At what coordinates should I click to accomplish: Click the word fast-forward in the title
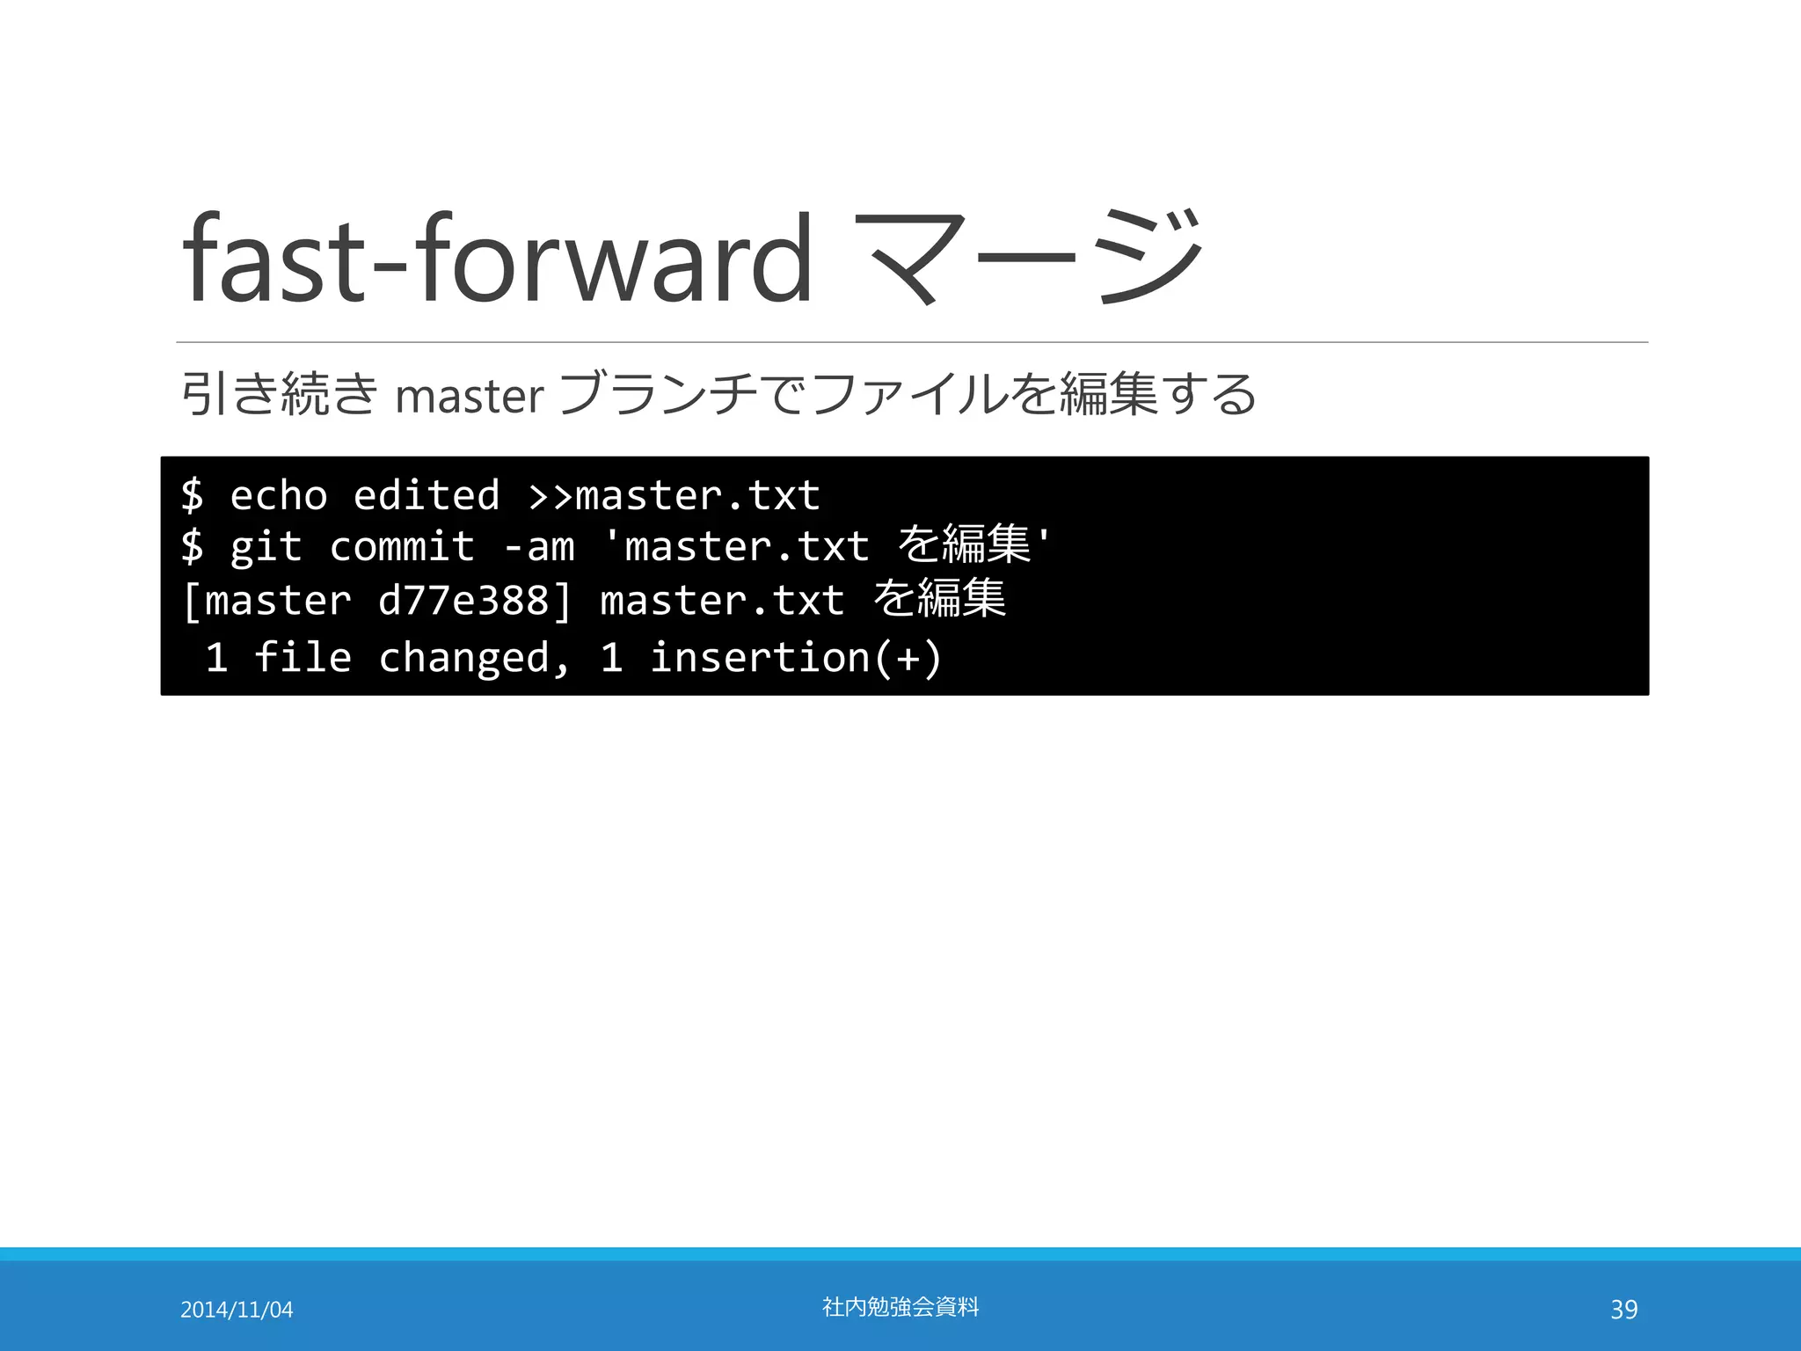click(x=497, y=259)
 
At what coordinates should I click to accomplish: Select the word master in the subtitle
click(x=470, y=396)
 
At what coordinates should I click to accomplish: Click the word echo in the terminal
click(x=278, y=495)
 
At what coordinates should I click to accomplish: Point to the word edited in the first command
click(x=427, y=495)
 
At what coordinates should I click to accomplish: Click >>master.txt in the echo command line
click(x=674, y=495)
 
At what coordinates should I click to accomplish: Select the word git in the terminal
click(x=266, y=547)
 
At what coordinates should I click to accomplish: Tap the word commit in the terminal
click(x=402, y=547)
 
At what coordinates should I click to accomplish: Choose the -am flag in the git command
click(x=539, y=547)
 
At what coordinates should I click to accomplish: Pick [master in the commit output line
click(x=266, y=601)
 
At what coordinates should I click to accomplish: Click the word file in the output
click(x=303, y=658)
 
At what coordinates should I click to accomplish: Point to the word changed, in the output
click(x=475, y=658)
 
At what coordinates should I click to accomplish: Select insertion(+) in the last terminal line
click(x=795, y=658)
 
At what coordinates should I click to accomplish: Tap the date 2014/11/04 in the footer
click(x=237, y=1310)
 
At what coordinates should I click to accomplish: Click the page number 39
click(x=1623, y=1310)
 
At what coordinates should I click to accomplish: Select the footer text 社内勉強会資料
click(x=900, y=1307)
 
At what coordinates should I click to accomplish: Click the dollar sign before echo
click(x=192, y=495)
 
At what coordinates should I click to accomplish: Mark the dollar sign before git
click(x=192, y=547)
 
